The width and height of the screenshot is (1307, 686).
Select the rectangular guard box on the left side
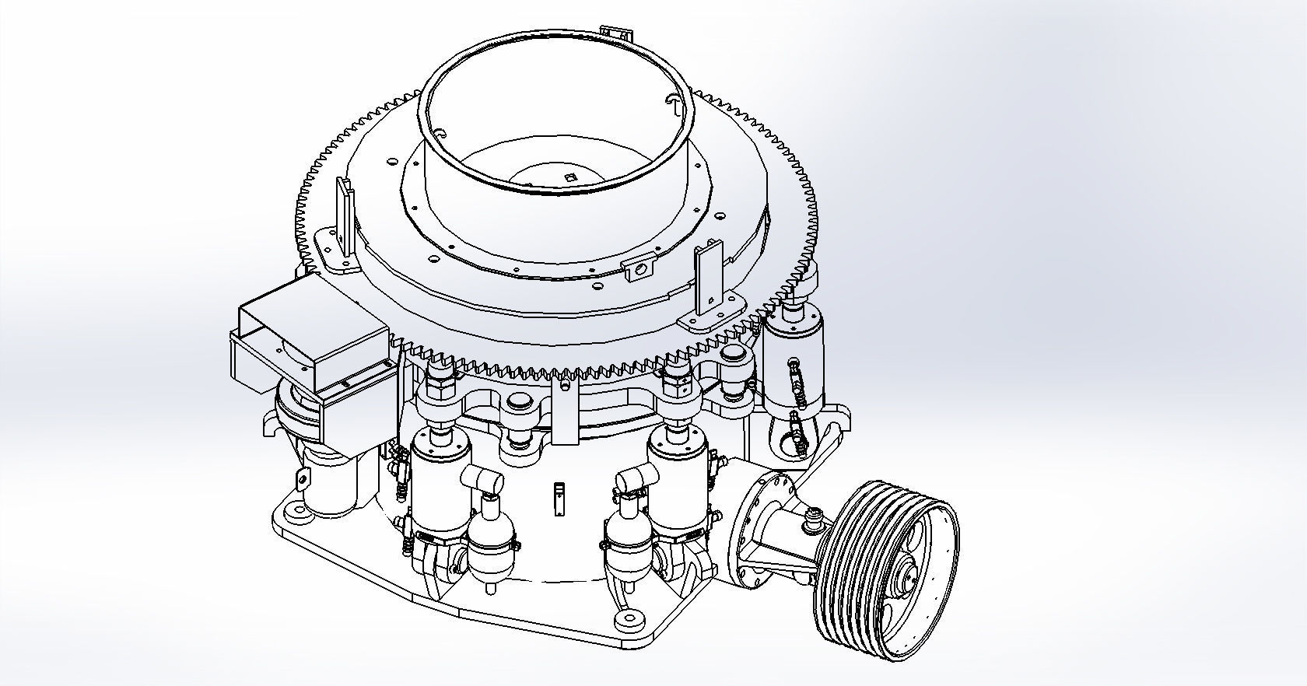coord(311,342)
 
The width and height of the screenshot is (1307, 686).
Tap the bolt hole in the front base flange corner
coord(625,620)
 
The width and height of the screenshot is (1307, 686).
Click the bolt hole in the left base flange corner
coord(296,510)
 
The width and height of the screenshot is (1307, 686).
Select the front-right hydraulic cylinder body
coord(678,486)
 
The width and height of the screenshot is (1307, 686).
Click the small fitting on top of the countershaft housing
coord(814,516)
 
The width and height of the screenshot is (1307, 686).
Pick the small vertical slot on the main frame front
coord(557,499)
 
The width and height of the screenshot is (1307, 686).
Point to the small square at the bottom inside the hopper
coord(571,176)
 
